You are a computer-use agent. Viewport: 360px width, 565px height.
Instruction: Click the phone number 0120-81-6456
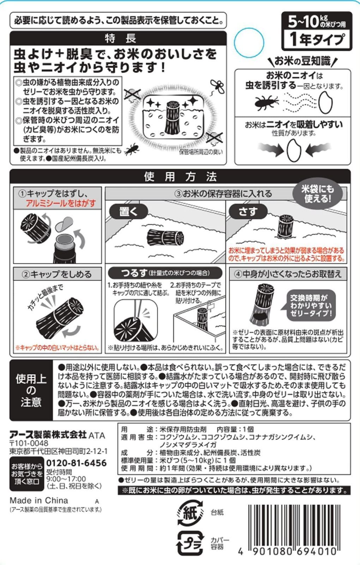click(76, 463)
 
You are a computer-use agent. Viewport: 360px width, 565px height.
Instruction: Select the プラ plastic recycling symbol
click(191, 542)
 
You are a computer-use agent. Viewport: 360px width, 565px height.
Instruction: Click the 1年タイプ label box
click(317, 39)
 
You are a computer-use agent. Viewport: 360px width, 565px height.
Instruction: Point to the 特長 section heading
click(118, 38)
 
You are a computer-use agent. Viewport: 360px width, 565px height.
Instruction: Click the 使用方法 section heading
click(180, 177)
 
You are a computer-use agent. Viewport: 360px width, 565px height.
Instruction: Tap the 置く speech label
click(128, 212)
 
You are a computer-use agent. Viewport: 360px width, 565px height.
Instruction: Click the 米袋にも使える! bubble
click(317, 194)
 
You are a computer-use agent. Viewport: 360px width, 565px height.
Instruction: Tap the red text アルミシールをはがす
click(61, 203)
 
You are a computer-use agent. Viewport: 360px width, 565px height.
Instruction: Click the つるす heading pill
click(165, 273)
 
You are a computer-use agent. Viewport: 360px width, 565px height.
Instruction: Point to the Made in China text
click(39, 500)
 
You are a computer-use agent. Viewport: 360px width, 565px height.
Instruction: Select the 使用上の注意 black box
click(31, 391)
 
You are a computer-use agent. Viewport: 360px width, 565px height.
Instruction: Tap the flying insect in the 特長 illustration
click(217, 87)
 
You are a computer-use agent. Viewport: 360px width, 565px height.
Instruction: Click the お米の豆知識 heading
click(302, 61)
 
